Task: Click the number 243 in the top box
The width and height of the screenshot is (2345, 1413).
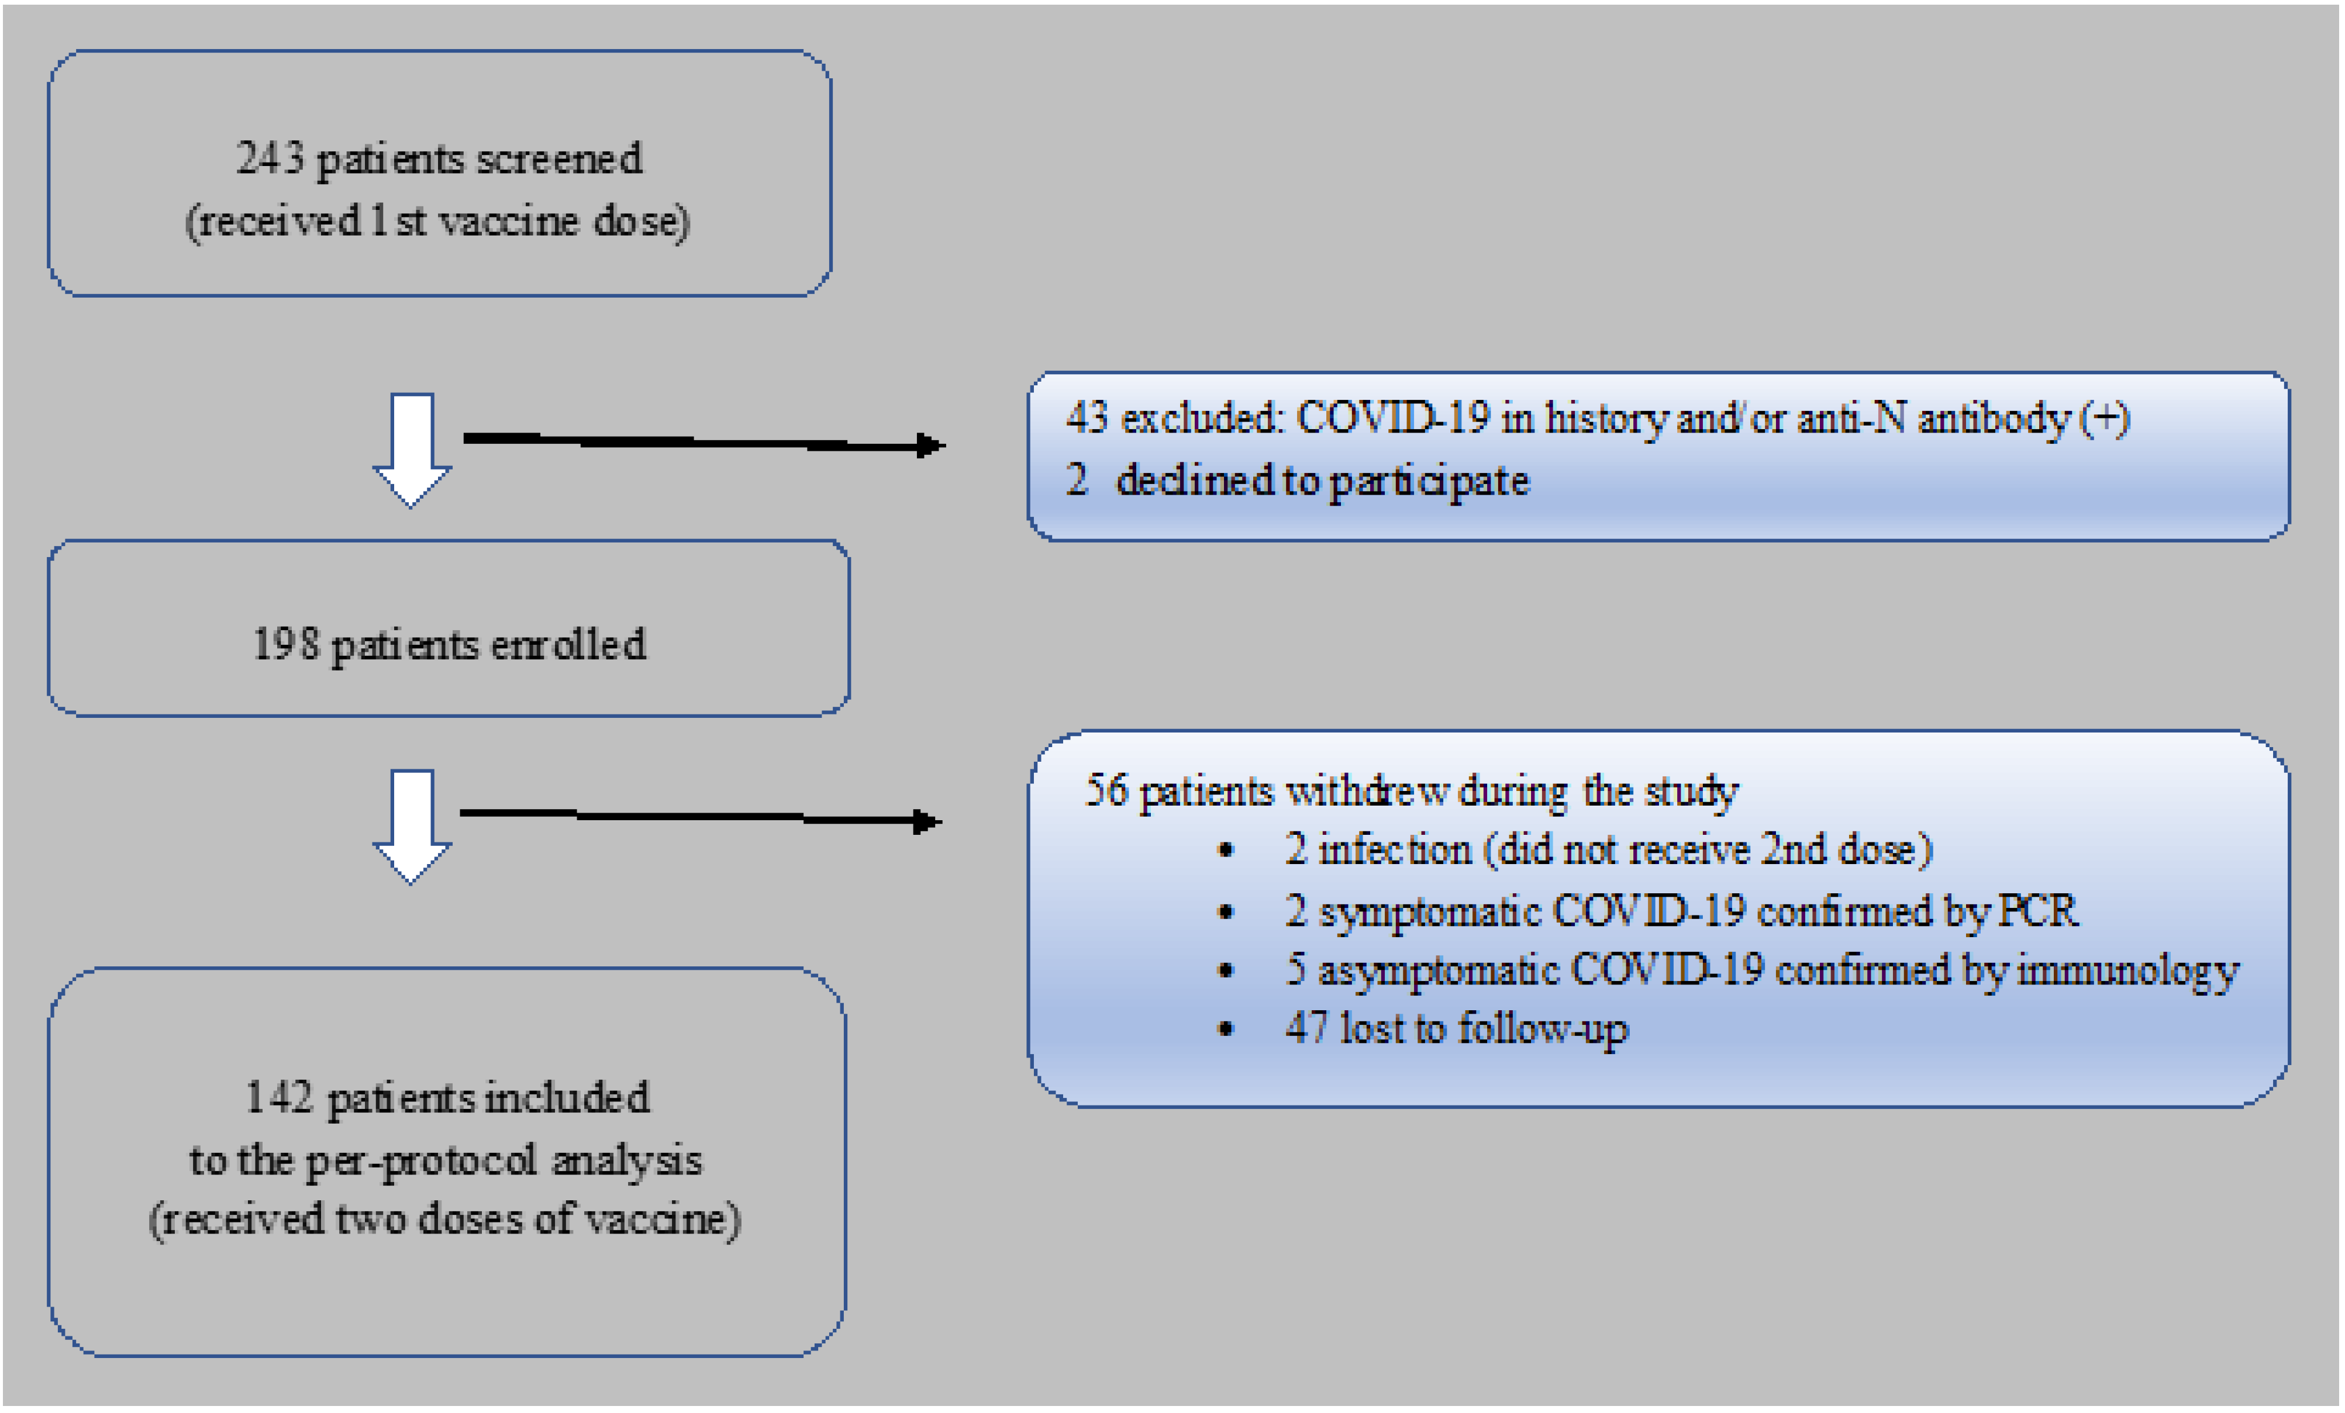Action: coord(270,158)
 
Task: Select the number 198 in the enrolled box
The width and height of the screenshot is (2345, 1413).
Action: coord(285,645)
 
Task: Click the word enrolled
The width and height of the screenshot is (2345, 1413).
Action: coord(568,645)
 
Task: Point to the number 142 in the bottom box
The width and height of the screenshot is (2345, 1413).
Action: coord(280,1097)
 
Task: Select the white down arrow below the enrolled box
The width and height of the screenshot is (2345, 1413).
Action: coord(411,825)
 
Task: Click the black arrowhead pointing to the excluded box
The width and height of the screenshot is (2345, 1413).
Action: coord(928,445)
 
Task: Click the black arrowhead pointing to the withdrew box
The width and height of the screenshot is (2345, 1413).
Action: coord(925,821)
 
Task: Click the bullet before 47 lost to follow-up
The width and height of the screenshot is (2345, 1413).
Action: coord(1227,1028)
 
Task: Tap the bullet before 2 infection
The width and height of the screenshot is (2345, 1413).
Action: coord(1227,851)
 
